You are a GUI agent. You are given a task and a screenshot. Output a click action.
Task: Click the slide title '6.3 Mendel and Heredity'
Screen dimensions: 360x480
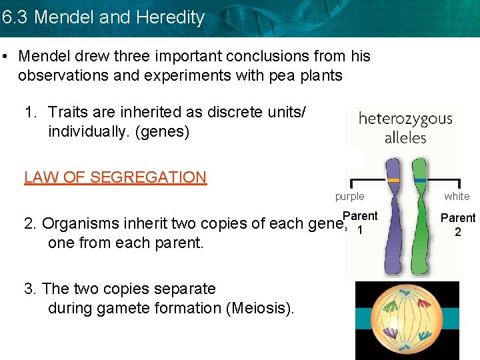pyautogui.click(x=103, y=17)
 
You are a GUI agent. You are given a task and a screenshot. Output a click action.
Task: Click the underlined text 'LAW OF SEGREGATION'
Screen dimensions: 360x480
pyautogui.click(x=115, y=177)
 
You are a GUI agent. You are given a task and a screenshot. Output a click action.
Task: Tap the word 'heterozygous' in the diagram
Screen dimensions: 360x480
pyautogui.click(x=405, y=119)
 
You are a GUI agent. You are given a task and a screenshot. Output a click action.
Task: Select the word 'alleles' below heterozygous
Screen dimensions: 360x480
pyautogui.click(x=405, y=137)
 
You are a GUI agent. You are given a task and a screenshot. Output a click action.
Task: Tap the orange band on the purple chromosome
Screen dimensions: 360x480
pyautogui.click(x=393, y=180)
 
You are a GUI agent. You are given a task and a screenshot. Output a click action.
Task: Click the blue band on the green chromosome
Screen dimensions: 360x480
pyautogui.click(x=420, y=180)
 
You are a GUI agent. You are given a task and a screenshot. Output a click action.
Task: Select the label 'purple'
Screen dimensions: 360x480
pyautogui.click(x=350, y=196)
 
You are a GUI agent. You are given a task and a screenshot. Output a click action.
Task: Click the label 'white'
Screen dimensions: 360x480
pyautogui.click(x=457, y=196)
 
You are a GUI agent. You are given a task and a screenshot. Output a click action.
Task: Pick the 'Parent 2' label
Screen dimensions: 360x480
pyautogui.click(x=458, y=225)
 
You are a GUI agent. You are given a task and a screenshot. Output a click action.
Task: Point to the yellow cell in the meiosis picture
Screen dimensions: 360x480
pyautogui.click(x=407, y=320)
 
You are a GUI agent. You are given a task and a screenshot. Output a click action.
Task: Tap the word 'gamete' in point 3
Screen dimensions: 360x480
pyautogui.click(x=118, y=308)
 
